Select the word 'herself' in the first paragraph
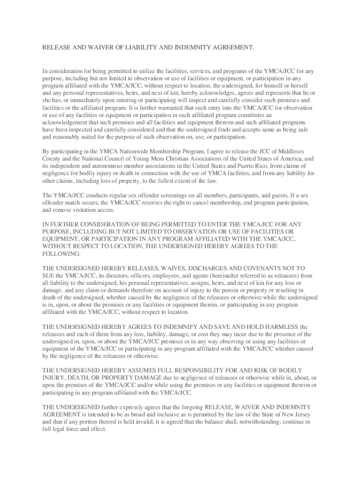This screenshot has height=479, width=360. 306,86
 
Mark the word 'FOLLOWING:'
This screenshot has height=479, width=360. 62,254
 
